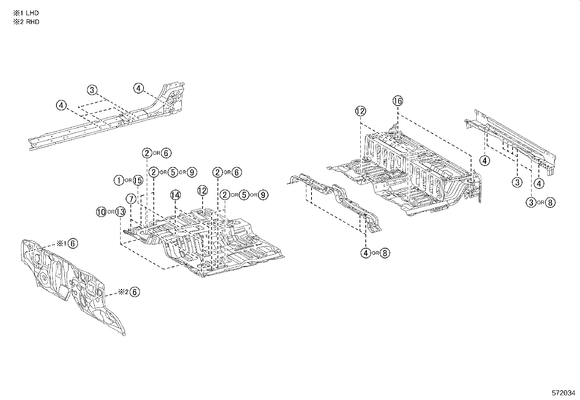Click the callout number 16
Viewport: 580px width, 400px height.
pos(398,101)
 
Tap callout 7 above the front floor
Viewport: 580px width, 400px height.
pos(131,199)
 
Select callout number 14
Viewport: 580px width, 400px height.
pos(175,195)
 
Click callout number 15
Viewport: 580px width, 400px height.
pos(138,180)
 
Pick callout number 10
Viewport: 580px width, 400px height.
pos(101,212)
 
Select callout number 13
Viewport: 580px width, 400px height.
pos(121,212)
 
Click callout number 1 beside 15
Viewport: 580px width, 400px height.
pos(119,180)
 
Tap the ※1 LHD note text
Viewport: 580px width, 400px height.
pos(26,13)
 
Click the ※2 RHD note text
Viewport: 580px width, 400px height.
pos(26,22)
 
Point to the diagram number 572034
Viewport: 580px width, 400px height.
pos(563,393)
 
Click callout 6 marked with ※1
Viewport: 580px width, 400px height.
pos(73,243)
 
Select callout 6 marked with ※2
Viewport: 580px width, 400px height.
pos(135,292)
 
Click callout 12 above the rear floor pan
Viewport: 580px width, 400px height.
pos(361,112)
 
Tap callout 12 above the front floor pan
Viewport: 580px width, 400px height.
pos(202,190)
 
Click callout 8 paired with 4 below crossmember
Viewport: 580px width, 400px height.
pos(385,253)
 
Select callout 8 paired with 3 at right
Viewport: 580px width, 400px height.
pos(550,202)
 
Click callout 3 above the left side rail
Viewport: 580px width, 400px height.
pos(92,90)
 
